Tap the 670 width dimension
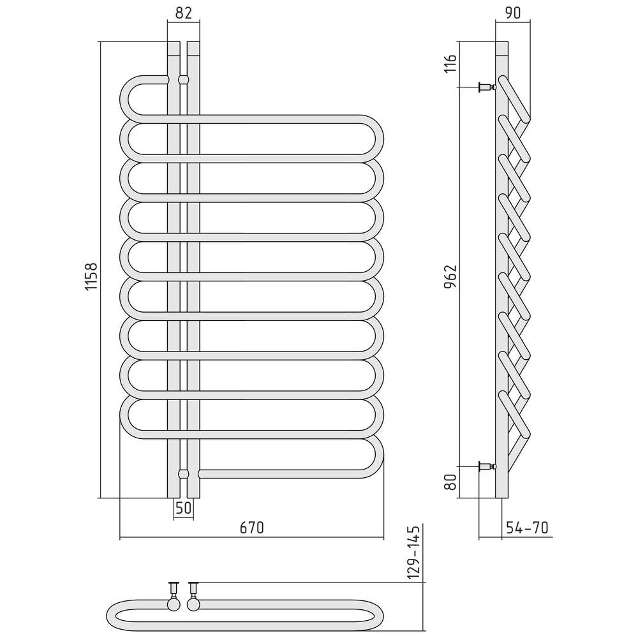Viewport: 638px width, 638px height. tap(251, 528)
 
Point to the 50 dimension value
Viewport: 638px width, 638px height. tap(183, 508)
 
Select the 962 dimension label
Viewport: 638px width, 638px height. tap(450, 277)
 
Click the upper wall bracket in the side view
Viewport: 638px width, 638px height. tap(487, 86)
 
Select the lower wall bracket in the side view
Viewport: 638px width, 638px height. tap(487, 467)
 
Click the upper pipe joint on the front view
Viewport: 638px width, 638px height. tap(184, 80)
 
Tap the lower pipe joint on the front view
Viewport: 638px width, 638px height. tap(184, 474)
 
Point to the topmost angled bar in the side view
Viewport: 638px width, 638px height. tap(514, 99)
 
